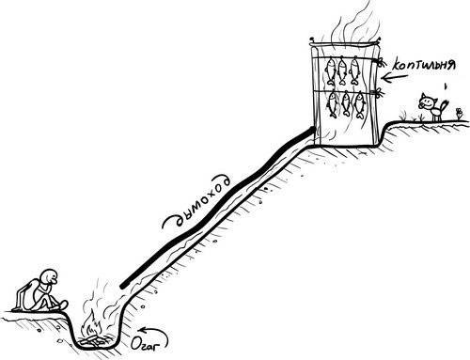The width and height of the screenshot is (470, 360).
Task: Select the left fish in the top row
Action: pos(330,71)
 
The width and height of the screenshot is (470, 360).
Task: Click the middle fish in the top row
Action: pos(344,71)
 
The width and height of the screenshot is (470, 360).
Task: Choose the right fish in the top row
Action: pos(359,71)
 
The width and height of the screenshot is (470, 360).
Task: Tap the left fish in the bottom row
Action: pos(334,103)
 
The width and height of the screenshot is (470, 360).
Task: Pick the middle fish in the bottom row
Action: pos(347,103)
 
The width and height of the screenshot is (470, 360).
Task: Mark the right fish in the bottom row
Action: pos(362,103)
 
